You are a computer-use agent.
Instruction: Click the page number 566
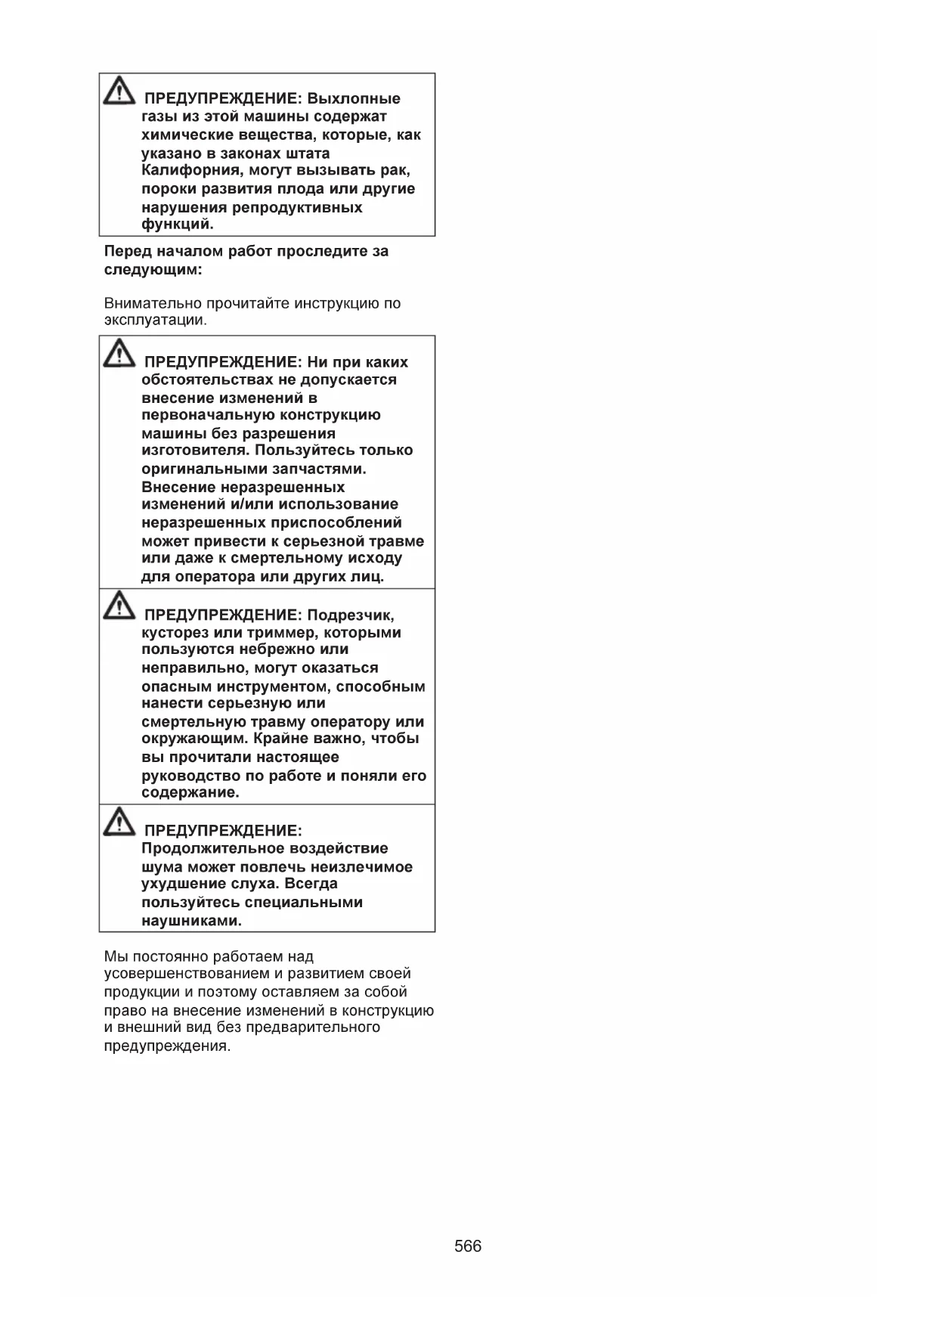[468, 1246]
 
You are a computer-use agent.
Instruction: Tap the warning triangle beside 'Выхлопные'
[117, 91]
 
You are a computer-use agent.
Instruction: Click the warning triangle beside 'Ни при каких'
[117, 354]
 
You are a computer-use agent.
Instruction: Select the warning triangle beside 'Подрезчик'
[117, 607]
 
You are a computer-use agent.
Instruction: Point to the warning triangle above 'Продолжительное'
[117, 823]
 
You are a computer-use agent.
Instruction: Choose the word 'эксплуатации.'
[155, 320]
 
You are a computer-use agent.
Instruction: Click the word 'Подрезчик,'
[351, 615]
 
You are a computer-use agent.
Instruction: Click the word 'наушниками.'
[192, 921]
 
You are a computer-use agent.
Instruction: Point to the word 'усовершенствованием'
[187, 974]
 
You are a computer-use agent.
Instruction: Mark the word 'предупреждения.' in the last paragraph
[167, 1046]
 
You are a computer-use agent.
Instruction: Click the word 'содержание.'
[190, 793]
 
